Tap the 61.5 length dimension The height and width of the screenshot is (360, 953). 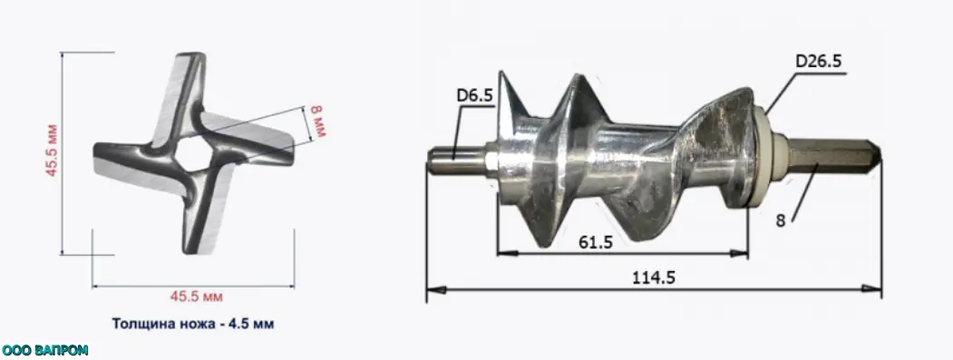[596, 242]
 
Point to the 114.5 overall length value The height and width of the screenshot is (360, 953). [654, 277]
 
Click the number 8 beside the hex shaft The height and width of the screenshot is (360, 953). [781, 220]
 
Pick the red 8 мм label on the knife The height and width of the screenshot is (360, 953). [318, 121]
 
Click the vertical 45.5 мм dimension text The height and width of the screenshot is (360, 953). [52, 151]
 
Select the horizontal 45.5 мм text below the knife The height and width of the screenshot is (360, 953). [196, 297]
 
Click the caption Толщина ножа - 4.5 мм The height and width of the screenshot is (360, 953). [192, 324]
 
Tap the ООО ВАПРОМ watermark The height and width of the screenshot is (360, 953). [45, 350]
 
